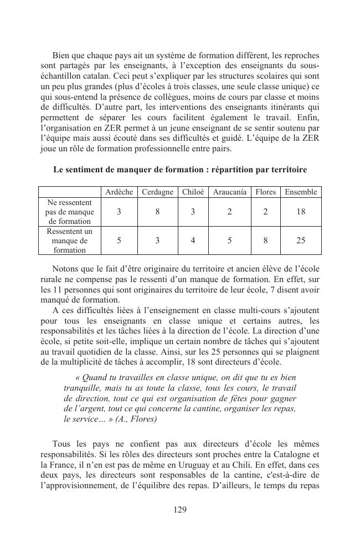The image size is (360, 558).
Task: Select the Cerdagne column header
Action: [157, 192]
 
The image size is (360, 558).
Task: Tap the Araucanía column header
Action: [229, 192]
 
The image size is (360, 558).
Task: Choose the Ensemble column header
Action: [301, 192]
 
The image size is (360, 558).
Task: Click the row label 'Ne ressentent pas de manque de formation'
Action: [70, 212]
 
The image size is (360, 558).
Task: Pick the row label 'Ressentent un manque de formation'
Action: [70, 240]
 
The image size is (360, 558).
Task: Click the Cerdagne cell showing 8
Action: [157, 212]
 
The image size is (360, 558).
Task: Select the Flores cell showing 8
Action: [265, 240]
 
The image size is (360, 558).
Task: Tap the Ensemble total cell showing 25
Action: [301, 240]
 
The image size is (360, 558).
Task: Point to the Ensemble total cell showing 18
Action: [301, 212]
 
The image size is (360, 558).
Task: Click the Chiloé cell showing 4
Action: [193, 240]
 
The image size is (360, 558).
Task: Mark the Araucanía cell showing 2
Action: [229, 212]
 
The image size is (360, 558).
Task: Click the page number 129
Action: [180, 510]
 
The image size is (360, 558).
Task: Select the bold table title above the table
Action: [180, 170]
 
